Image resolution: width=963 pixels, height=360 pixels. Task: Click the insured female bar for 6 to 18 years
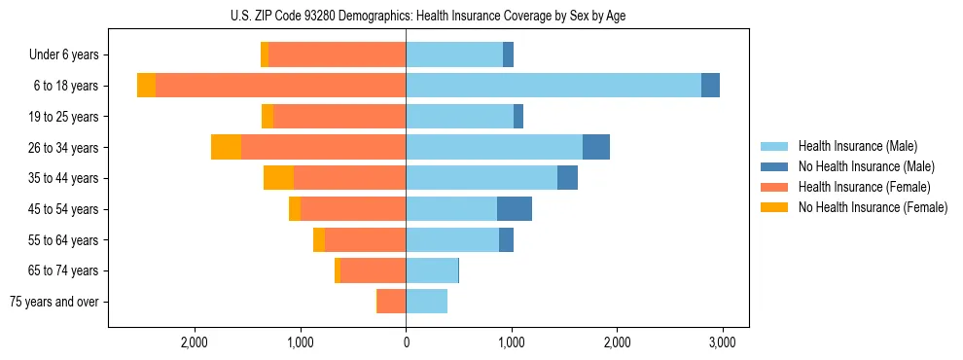click(280, 86)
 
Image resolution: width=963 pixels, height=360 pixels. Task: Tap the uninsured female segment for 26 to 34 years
click(226, 147)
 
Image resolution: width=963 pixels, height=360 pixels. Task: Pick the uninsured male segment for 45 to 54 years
click(515, 209)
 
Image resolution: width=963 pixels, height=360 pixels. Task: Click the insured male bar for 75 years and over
click(426, 302)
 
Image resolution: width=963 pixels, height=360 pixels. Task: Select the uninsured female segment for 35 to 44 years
click(278, 178)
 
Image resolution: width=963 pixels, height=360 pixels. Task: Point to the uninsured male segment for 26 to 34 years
click(596, 147)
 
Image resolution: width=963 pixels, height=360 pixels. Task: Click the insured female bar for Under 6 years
click(337, 54)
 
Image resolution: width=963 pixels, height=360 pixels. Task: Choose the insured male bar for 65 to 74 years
click(432, 270)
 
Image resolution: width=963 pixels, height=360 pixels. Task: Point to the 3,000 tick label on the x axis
click(721, 342)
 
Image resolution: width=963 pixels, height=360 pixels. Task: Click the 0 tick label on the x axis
click(406, 342)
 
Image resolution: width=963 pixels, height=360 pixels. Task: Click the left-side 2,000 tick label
click(195, 342)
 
